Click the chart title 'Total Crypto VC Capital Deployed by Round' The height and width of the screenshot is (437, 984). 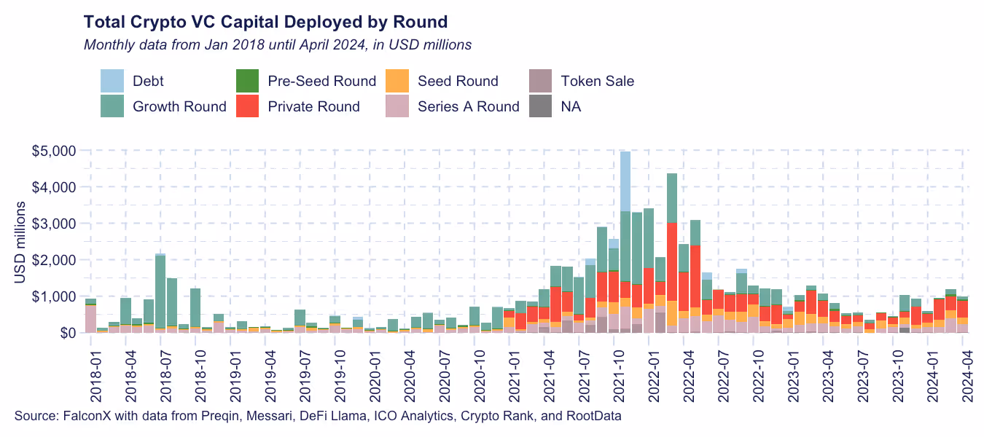tap(265, 20)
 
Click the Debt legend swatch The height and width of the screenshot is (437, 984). tap(112, 81)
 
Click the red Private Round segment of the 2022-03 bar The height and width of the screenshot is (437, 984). tap(672, 261)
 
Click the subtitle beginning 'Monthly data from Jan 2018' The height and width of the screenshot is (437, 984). tap(278, 44)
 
